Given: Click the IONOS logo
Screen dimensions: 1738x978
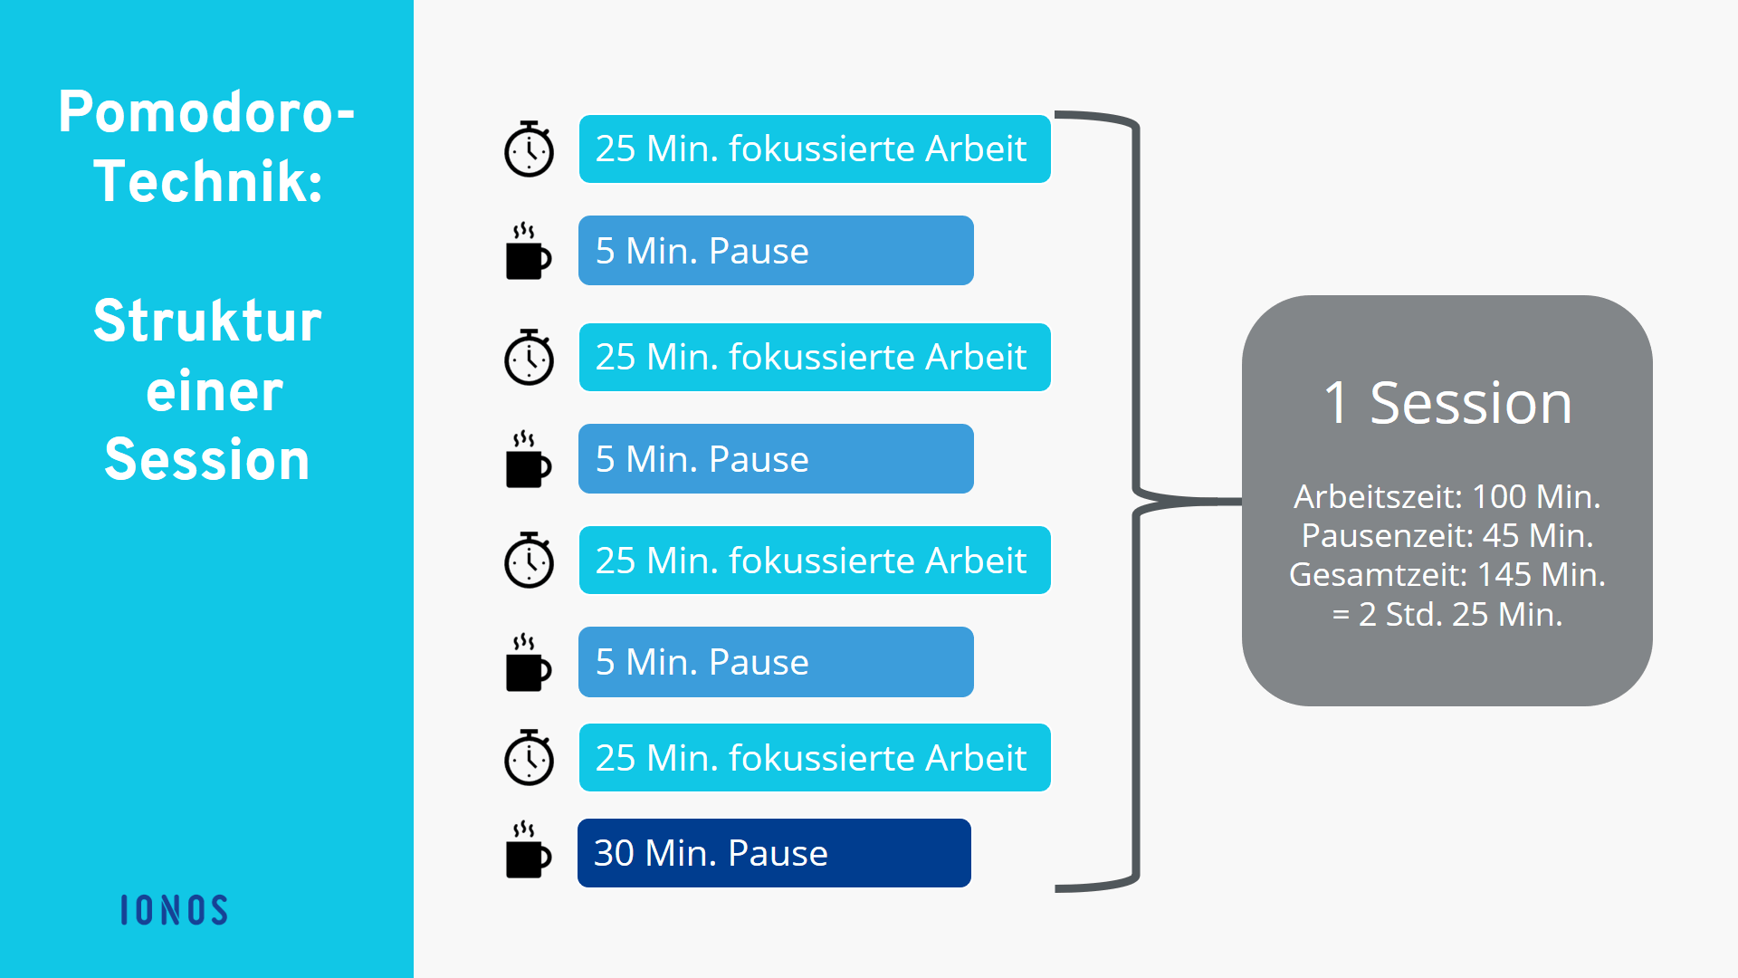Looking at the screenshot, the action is coord(174,910).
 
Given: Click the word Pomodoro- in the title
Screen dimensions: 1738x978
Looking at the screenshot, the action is coord(206,112).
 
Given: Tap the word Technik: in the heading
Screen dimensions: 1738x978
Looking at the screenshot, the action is coord(208,181).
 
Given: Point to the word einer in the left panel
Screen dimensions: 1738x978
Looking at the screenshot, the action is coord(215,391).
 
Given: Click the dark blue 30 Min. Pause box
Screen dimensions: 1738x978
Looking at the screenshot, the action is coord(774,853).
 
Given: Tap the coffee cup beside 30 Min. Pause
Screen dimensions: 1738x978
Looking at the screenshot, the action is coord(528,850).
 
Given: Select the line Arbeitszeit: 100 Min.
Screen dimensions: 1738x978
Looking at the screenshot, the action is coord(1447,496).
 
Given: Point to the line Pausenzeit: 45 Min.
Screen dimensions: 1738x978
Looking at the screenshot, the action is coord(1447,535).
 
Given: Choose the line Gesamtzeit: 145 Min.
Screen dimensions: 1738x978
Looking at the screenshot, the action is coord(1447,574).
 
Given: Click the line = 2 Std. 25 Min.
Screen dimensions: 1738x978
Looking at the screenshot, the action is coord(1447,614).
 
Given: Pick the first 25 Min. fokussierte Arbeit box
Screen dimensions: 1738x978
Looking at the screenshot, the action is coord(815,149).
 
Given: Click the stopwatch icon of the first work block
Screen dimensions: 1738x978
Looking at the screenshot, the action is coord(529,149).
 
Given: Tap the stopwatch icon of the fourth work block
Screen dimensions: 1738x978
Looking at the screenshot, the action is coord(529,757).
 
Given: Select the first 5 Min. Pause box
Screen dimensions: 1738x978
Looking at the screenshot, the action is coord(776,251).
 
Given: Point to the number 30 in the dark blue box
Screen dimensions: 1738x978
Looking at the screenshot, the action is coord(614,853).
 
